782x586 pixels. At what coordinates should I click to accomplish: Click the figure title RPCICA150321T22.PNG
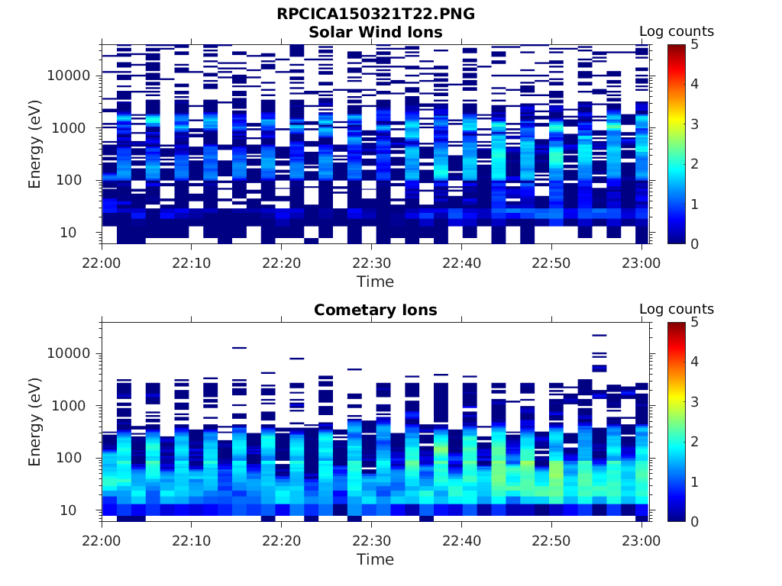coord(375,14)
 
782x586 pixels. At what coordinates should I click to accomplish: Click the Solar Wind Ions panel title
coord(375,32)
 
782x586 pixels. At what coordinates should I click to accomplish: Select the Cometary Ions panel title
coord(375,310)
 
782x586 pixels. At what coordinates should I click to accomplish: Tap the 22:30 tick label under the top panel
coord(371,263)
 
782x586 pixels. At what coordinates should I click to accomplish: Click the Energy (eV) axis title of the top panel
coord(35,143)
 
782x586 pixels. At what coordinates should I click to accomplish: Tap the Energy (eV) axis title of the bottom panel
coord(35,421)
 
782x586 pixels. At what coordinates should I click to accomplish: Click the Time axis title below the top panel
coord(375,282)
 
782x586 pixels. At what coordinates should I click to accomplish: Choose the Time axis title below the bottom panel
coord(375,559)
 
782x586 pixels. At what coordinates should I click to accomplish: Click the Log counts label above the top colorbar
coord(676,31)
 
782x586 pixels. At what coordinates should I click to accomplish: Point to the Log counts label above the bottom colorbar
coord(676,309)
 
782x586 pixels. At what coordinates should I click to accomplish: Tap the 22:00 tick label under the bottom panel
coord(102,541)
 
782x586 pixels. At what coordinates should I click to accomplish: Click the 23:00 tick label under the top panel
coord(641,263)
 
